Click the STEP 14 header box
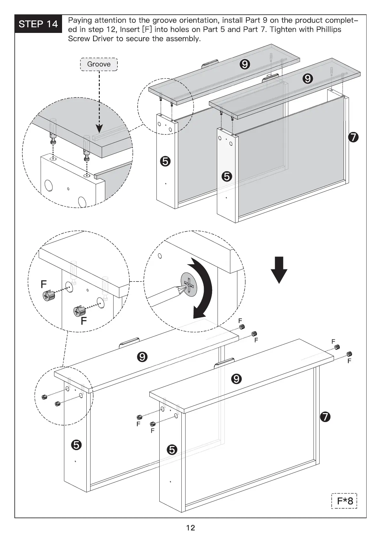(38, 24)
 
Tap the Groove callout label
(99, 64)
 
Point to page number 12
(190, 527)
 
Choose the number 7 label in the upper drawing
(353, 137)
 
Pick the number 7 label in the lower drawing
(325, 417)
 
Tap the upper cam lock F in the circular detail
(49, 295)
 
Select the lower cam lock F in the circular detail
(79, 311)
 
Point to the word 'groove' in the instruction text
(163, 20)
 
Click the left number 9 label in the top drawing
(244, 65)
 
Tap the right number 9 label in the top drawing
(307, 78)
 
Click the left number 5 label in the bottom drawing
(76, 445)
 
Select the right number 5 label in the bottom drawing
(172, 450)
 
